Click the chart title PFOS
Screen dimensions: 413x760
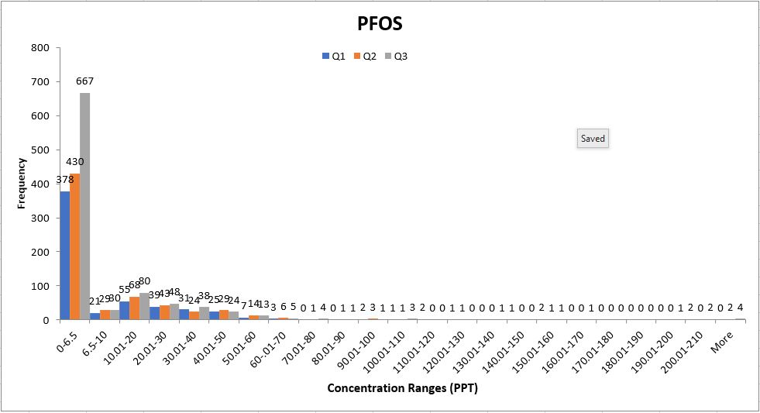point(380,24)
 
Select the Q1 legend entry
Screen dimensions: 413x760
point(334,56)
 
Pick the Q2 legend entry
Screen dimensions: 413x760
point(365,56)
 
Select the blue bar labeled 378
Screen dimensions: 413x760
point(64,256)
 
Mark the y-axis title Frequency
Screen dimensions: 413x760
point(22,183)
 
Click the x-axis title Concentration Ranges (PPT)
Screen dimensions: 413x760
point(402,387)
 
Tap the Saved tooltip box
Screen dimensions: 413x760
point(593,139)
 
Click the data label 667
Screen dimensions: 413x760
point(84,81)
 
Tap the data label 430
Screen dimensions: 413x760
point(74,162)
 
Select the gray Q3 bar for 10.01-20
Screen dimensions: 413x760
point(144,306)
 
